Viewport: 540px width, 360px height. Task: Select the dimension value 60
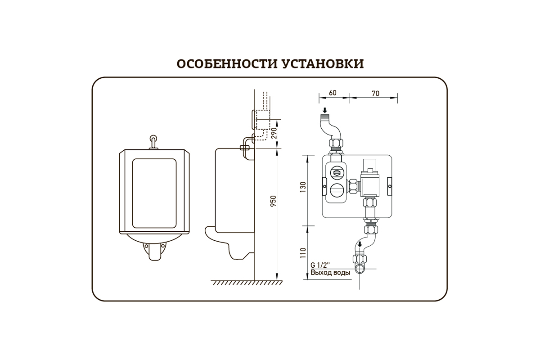coord(333,93)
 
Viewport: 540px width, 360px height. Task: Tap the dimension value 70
coord(375,93)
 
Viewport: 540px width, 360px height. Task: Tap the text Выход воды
coord(330,273)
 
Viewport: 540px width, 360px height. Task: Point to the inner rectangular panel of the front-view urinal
coord(153,192)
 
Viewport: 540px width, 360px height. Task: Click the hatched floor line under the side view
coord(247,282)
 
